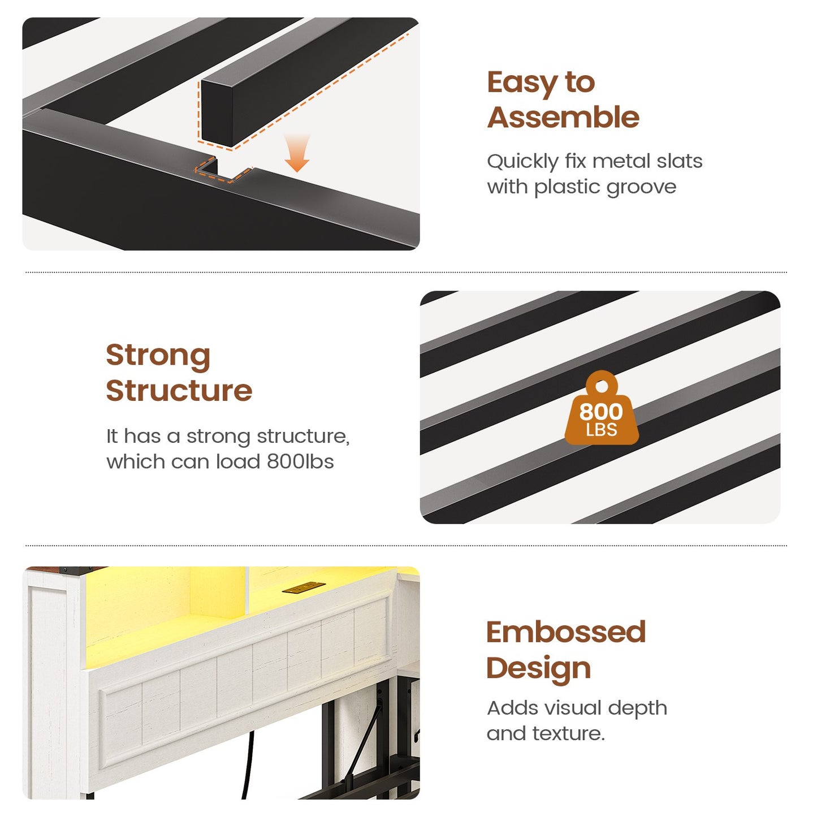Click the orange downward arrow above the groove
coord(297,153)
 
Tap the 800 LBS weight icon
coord(601,408)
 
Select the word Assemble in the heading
coord(564,118)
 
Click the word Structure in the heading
coord(179,391)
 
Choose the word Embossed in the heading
coord(567,632)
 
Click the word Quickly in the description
coord(523,162)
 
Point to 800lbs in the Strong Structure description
coord(300,462)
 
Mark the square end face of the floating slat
coord(217,113)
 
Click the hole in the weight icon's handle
coord(601,386)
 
